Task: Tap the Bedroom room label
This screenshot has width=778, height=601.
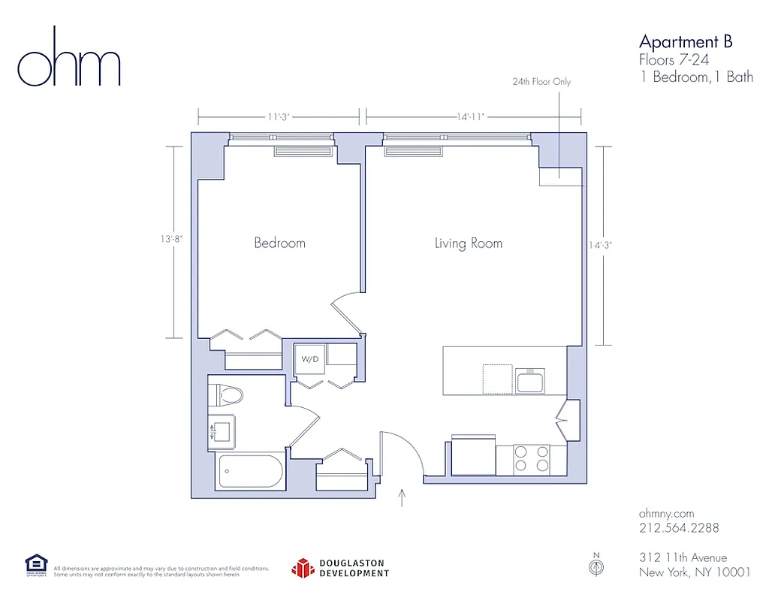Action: pyautogui.click(x=279, y=243)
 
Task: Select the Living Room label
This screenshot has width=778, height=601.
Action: pyautogui.click(x=468, y=243)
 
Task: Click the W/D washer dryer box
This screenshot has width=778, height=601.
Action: pyautogui.click(x=310, y=359)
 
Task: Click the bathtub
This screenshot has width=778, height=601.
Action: pyautogui.click(x=250, y=472)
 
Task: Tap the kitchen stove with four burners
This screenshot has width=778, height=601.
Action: pyautogui.click(x=532, y=458)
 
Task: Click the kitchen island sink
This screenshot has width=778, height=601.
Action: pyautogui.click(x=531, y=379)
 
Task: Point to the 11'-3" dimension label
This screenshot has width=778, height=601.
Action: pyautogui.click(x=278, y=117)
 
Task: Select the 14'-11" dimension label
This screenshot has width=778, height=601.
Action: pyautogui.click(x=471, y=117)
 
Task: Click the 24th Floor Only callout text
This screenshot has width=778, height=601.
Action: pyautogui.click(x=541, y=81)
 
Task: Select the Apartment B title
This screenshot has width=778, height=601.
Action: pyautogui.click(x=685, y=41)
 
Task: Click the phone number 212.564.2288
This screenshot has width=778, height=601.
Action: pyautogui.click(x=679, y=528)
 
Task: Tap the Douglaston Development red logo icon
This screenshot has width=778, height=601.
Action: pyautogui.click(x=302, y=569)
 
